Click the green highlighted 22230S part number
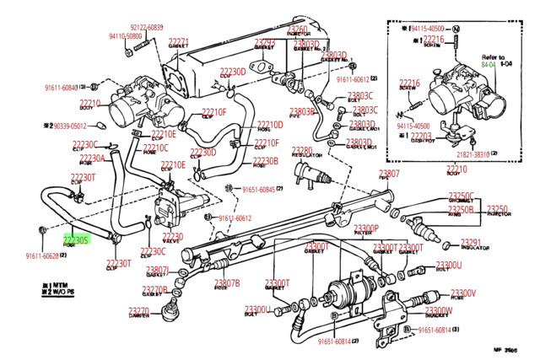click(76, 240)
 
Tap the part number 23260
click(297, 30)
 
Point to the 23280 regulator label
click(301, 151)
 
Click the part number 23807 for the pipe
click(389, 174)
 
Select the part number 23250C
click(462, 196)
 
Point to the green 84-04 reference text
click(489, 63)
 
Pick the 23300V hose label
click(462, 293)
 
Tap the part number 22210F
click(213, 111)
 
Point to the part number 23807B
click(226, 282)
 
